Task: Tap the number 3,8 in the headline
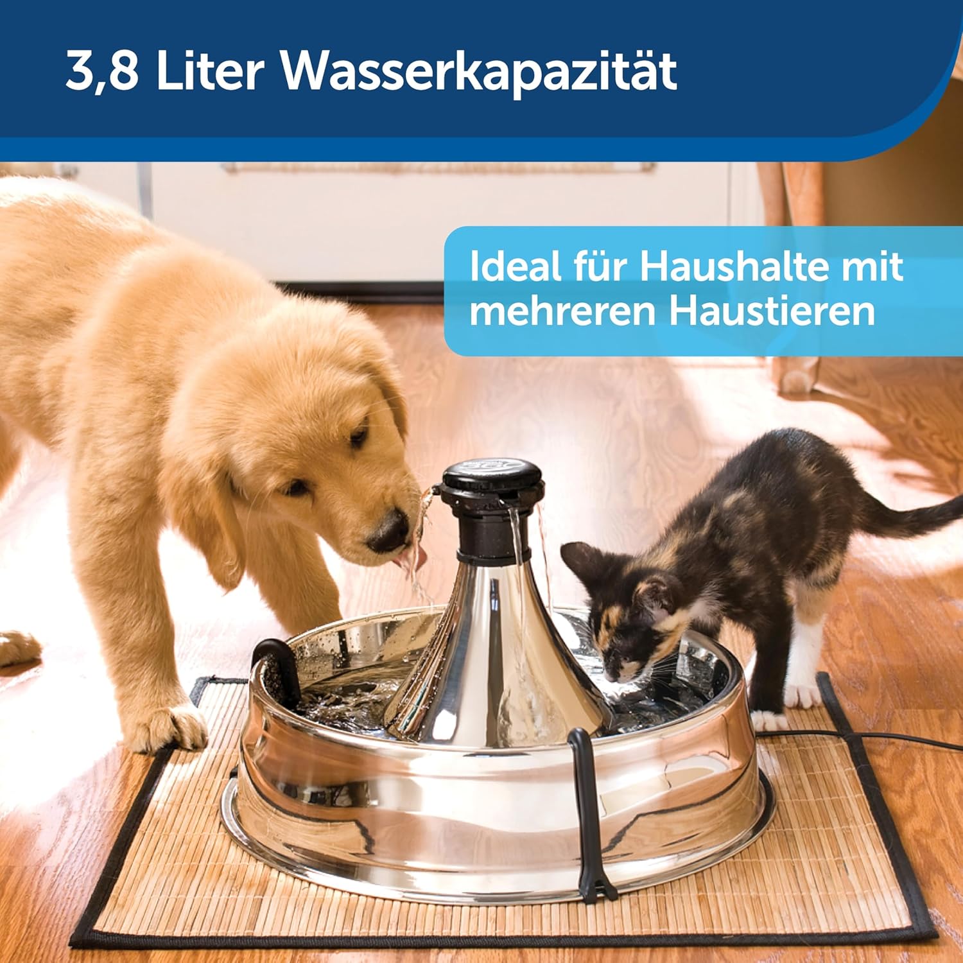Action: click(102, 72)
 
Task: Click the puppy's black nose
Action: click(387, 531)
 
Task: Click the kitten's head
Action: click(625, 616)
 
